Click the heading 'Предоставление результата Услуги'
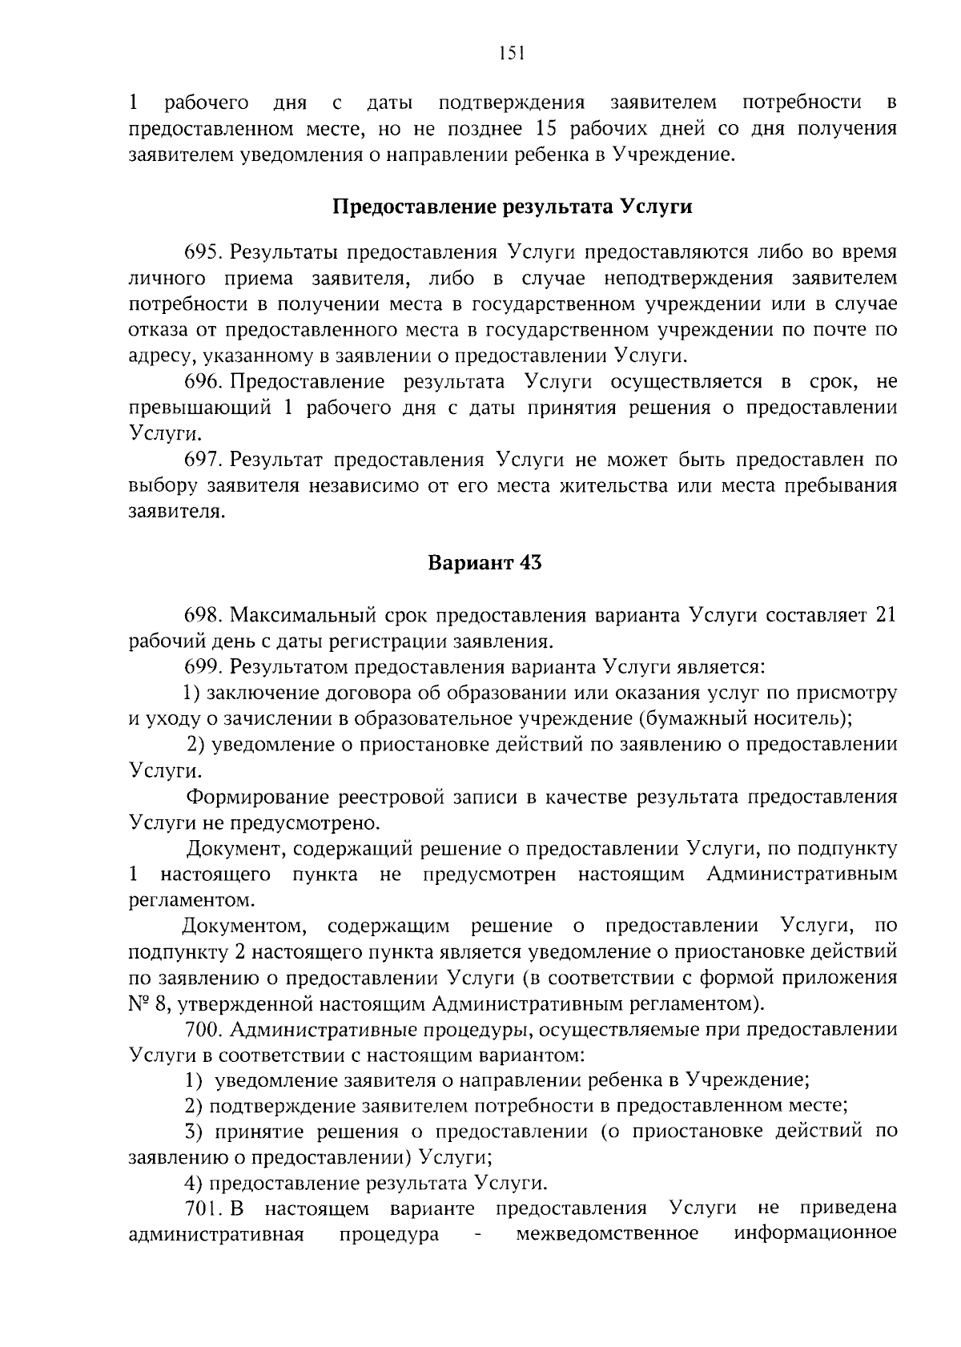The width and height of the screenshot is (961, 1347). (512, 207)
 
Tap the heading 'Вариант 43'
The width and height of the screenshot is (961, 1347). (485, 563)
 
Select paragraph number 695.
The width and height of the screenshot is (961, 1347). (204, 252)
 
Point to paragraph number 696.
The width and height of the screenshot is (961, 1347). (204, 382)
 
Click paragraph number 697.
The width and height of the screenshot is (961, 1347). (204, 460)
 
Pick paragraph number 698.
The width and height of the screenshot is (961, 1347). (204, 615)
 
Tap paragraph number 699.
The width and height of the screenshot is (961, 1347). (204, 667)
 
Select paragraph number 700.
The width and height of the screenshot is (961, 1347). (204, 1029)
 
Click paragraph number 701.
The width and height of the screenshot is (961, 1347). (203, 1208)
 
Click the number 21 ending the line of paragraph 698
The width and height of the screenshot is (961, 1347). (886, 615)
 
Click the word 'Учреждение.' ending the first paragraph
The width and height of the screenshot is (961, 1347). (674, 154)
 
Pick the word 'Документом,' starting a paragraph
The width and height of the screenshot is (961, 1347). (244, 927)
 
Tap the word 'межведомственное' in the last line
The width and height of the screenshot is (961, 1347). (607, 1233)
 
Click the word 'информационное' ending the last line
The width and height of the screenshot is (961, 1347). (815, 1233)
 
